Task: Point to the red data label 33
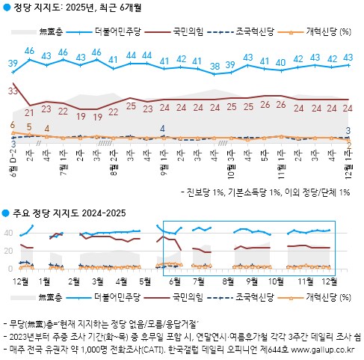[13, 91]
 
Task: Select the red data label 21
[30, 112]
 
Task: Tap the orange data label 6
[13, 125]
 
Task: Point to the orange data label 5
[29, 127]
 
